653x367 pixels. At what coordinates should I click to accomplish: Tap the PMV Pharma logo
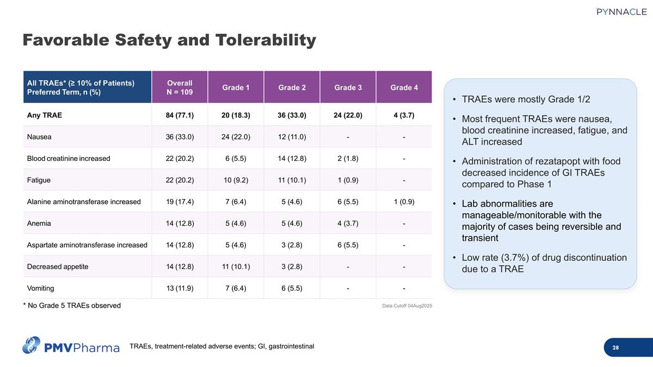(71, 346)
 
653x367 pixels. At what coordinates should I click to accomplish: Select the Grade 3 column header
(348, 87)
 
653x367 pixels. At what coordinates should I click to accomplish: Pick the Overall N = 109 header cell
(180, 87)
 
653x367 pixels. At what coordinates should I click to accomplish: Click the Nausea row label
(39, 137)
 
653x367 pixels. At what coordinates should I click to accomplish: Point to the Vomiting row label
(41, 288)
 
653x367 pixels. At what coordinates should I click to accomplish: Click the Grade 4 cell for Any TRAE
(404, 115)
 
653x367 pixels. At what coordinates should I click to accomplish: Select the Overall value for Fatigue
(180, 180)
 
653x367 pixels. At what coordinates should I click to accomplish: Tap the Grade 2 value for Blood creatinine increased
(292, 159)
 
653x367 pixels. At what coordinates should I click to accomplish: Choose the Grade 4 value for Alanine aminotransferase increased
(404, 202)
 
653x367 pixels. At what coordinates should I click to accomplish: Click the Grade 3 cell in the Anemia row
(348, 223)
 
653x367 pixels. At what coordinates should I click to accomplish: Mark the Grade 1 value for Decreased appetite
(236, 267)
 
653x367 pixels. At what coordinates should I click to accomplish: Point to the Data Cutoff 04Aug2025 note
(408, 306)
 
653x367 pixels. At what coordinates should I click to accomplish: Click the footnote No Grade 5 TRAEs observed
(72, 306)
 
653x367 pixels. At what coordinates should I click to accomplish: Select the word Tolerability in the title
(266, 40)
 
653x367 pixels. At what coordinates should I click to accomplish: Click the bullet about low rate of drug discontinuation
(544, 263)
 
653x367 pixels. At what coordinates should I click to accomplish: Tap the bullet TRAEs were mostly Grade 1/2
(526, 100)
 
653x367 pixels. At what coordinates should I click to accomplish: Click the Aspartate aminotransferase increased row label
(87, 245)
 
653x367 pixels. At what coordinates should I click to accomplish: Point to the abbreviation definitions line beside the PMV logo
(221, 346)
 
